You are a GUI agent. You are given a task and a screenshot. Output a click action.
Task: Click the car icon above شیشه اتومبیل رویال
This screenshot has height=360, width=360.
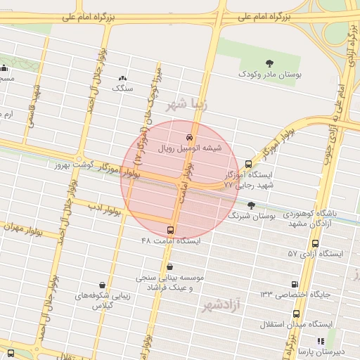pos(189,137)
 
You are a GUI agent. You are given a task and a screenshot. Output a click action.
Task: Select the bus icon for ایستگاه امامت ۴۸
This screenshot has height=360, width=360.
pos(171,230)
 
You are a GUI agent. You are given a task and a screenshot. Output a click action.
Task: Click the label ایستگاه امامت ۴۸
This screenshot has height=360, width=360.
pos(171,240)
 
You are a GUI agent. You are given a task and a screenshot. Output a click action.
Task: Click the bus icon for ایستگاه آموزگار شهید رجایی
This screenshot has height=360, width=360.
pos(248,163)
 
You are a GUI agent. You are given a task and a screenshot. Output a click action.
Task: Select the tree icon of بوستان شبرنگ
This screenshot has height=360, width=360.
pos(252,205)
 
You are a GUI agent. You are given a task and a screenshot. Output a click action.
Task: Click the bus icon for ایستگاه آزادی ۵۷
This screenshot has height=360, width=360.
pos(315,243)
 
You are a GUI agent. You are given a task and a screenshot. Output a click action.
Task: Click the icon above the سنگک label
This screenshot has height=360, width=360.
pos(123,79)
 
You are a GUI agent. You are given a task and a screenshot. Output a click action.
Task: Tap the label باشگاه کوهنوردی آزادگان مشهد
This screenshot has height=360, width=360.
pos(320,217)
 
